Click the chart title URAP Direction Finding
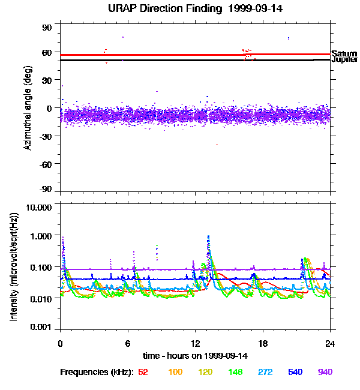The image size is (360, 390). (x=180, y=8)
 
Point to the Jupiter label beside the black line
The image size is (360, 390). (x=345, y=60)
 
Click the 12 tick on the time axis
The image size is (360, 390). (x=195, y=343)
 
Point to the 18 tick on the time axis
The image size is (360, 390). (x=263, y=343)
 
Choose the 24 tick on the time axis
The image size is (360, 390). (x=330, y=343)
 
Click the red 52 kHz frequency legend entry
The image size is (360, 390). (x=143, y=372)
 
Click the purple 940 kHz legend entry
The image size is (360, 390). (x=325, y=372)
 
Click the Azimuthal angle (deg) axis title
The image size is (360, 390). (x=27, y=108)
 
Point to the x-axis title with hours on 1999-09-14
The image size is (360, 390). (x=195, y=355)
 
